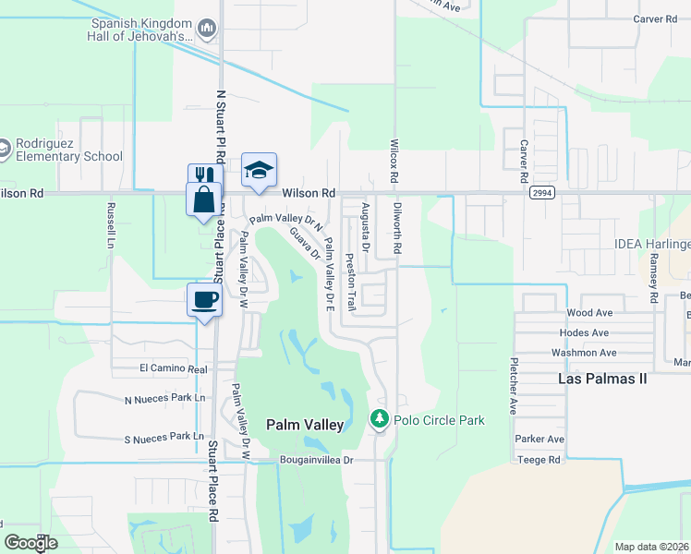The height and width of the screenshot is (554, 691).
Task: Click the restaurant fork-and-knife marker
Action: click(x=203, y=175)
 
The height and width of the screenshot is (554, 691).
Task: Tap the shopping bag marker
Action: click(x=203, y=198)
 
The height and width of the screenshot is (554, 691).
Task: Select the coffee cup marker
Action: click(x=204, y=299)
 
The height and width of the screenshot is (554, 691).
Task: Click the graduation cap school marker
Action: click(x=260, y=170)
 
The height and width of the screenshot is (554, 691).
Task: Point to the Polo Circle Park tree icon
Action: click(x=379, y=420)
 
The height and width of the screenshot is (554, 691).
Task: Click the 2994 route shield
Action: click(x=542, y=193)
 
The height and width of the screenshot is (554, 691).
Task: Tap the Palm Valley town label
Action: click(x=305, y=425)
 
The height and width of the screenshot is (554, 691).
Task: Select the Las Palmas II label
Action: click(x=603, y=379)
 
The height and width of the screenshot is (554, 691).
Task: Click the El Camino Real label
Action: click(x=173, y=367)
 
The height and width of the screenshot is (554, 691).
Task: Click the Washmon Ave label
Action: click(x=583, y=353)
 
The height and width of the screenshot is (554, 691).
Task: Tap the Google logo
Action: click(x=30, y=543)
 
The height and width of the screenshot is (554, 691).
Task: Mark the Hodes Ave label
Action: click(x=584, y=332)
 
